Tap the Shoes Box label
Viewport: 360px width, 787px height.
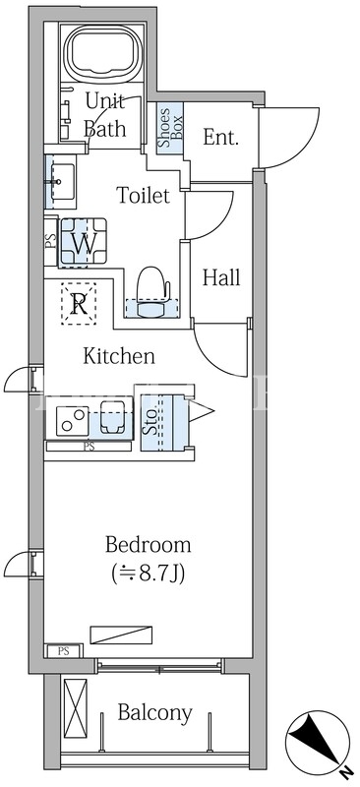170,126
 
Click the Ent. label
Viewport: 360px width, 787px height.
220,137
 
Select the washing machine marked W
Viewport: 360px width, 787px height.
84,243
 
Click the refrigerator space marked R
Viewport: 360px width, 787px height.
78,304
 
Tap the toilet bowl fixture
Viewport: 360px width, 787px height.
151,292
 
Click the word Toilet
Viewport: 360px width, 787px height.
143,195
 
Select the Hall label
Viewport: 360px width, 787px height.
221,276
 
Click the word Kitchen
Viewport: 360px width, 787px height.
118,356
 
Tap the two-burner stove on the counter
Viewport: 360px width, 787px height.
73,421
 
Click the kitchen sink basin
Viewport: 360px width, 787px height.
112,417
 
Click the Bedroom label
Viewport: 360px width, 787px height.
148,545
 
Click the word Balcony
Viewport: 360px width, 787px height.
154,713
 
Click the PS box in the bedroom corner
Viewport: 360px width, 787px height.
63,651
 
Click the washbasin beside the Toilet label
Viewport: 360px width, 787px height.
61,181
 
